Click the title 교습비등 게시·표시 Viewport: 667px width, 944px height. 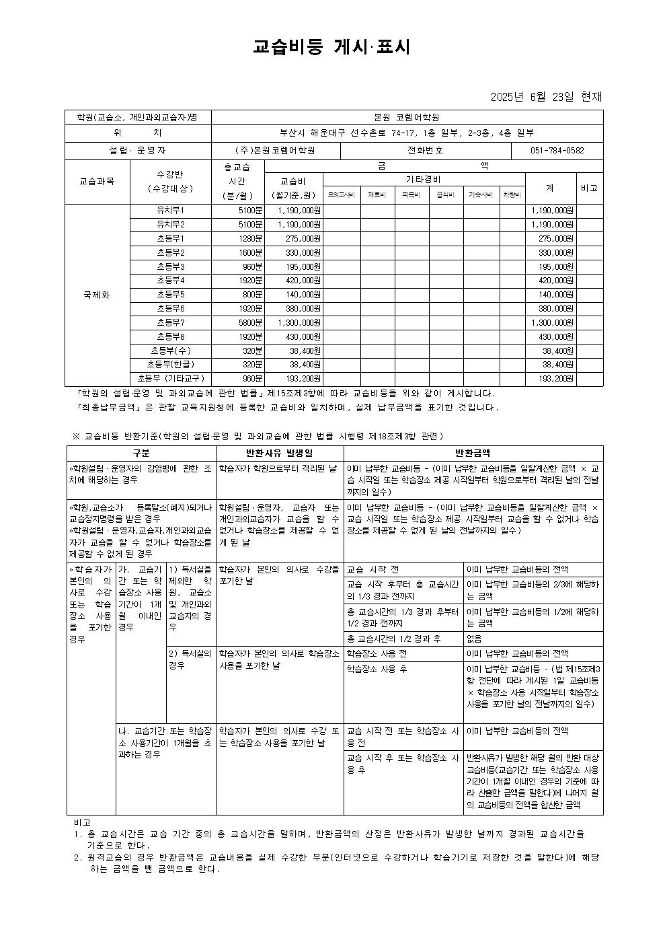(x=332, y=46)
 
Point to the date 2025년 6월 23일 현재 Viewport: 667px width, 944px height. (x=547, y=97)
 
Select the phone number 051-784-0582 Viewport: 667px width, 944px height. (x=557, y=151)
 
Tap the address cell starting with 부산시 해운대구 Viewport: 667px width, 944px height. (x=407, y=133)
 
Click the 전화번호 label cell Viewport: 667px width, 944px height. (x=426, y=151)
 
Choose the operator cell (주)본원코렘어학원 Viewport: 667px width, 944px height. (x=275, y=151)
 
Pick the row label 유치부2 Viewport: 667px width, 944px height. (x=170, y=224)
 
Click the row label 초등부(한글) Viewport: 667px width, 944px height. (x=170, y=365)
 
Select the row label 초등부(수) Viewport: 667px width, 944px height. (x=170, y=351)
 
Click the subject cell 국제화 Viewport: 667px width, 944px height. (x=97, y=295)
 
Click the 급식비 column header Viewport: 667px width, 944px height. (x=446, y=194)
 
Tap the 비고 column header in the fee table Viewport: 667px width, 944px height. (x=589, y=188)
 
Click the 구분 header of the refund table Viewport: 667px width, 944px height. (x=141, y=453)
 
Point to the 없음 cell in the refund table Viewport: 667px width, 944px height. (x=474, y=639)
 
